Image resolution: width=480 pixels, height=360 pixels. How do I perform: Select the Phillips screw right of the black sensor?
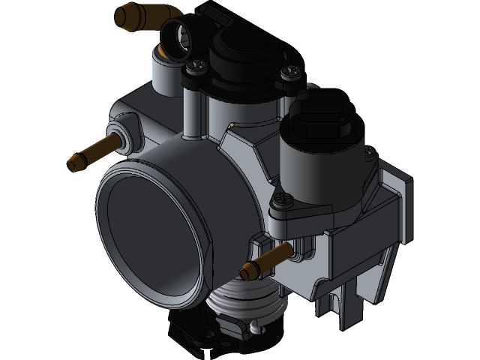pos(289,73)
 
